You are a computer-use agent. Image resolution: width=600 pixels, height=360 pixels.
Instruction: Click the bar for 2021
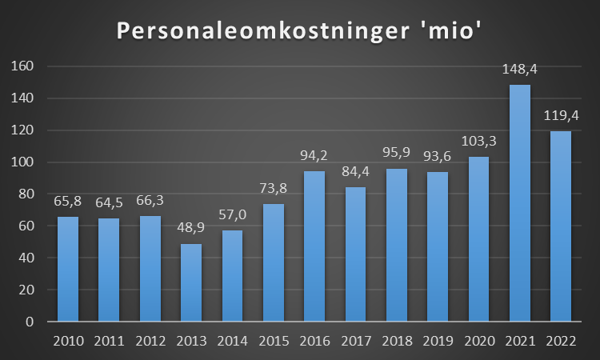point(519,203)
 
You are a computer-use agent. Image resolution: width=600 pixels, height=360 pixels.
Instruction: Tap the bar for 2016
point(314,246)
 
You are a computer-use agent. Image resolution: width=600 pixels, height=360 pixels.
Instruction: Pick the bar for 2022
point(560,226)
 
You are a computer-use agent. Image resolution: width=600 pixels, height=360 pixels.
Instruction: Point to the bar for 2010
point(67,269)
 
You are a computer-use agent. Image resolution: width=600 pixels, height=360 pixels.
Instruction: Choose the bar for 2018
point(396,245)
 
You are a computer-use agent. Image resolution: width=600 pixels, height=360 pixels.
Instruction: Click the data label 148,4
point(519,70)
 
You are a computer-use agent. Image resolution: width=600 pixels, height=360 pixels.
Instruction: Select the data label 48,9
point(190,229)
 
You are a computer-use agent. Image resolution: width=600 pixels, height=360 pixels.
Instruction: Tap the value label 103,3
point(478,142)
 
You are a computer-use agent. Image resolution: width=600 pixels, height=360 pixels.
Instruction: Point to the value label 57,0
point(231,215)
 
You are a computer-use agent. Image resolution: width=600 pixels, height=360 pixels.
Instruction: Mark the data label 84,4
point(355,172)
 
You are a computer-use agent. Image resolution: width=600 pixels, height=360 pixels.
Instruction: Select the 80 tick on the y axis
point(25,194)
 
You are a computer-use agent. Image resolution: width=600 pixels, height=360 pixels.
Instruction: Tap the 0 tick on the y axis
point(29,322)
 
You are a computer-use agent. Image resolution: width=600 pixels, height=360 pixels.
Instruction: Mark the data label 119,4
point(560,115)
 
